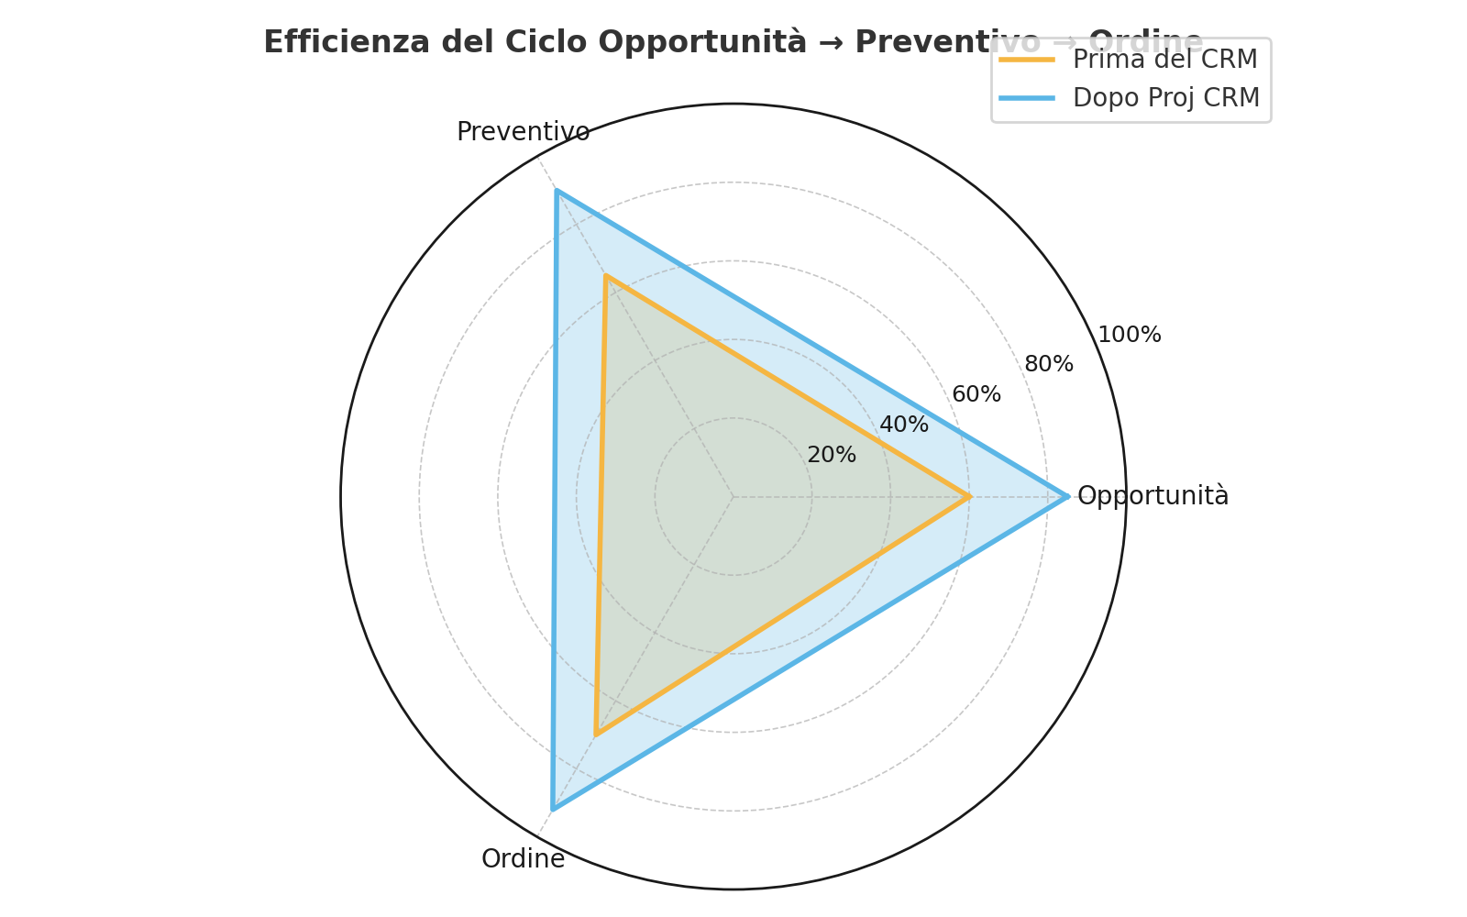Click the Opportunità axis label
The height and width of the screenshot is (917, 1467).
click(x=1153, y=496)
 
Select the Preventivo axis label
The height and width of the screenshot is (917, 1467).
click(x=523, y=132)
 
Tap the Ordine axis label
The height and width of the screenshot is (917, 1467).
click(x=523, y=859)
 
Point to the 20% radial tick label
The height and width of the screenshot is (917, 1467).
click(x=832, y=455)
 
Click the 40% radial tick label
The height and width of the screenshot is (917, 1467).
click(x=904, y=425)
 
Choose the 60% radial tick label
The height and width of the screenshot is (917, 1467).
click(x=976, y=394)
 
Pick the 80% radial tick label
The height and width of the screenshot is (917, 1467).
click(x=1049, y=364)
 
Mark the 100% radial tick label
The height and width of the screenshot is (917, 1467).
click(x=1130, y=335)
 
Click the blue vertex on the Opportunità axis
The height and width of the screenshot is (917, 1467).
click(x=1067, y=497)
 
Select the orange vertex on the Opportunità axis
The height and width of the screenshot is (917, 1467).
click(x=969, y=497)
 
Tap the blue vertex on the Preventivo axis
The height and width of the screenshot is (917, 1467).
click(x=557, y=191)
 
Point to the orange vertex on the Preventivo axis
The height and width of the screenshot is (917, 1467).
click(x=606, y=276)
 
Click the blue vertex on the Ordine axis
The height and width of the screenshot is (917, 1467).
click(x=552, y=809)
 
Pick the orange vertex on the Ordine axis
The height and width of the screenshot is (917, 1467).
click(x=596, y=735)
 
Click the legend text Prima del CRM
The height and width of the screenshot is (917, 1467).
click(x=1164, y=60)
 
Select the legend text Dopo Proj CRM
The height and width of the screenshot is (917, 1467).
click(x=1166, y=98)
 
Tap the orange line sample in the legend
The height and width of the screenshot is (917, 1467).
click(x=1027, y=60)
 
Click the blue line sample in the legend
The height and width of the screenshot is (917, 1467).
click(x=1027, y=98)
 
